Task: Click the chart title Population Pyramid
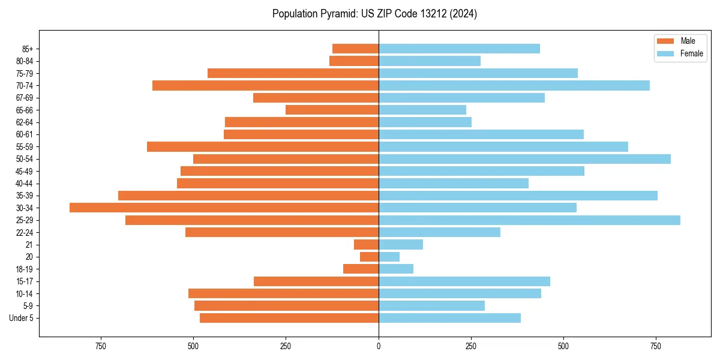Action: (374, 14)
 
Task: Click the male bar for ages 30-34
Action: (224, 208)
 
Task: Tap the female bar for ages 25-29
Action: (529, 220)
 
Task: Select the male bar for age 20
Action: (369, 257)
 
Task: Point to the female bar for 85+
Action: (459, 49)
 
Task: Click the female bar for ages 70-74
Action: (514, 85)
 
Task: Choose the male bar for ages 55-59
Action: (263, 146)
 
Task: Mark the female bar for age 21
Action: (401, 244)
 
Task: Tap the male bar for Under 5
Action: (289, 318)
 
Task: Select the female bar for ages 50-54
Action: (524, 159)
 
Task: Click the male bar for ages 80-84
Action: (354, 61)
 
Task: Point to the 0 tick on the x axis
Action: (379, 346)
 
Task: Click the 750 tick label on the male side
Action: (101, 346)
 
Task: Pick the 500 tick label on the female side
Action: (563, 346)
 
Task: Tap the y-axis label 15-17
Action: (25, 281)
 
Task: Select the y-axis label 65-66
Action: (25, 110)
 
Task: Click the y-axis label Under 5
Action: (22, 318)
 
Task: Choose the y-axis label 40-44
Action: (25, 184)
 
